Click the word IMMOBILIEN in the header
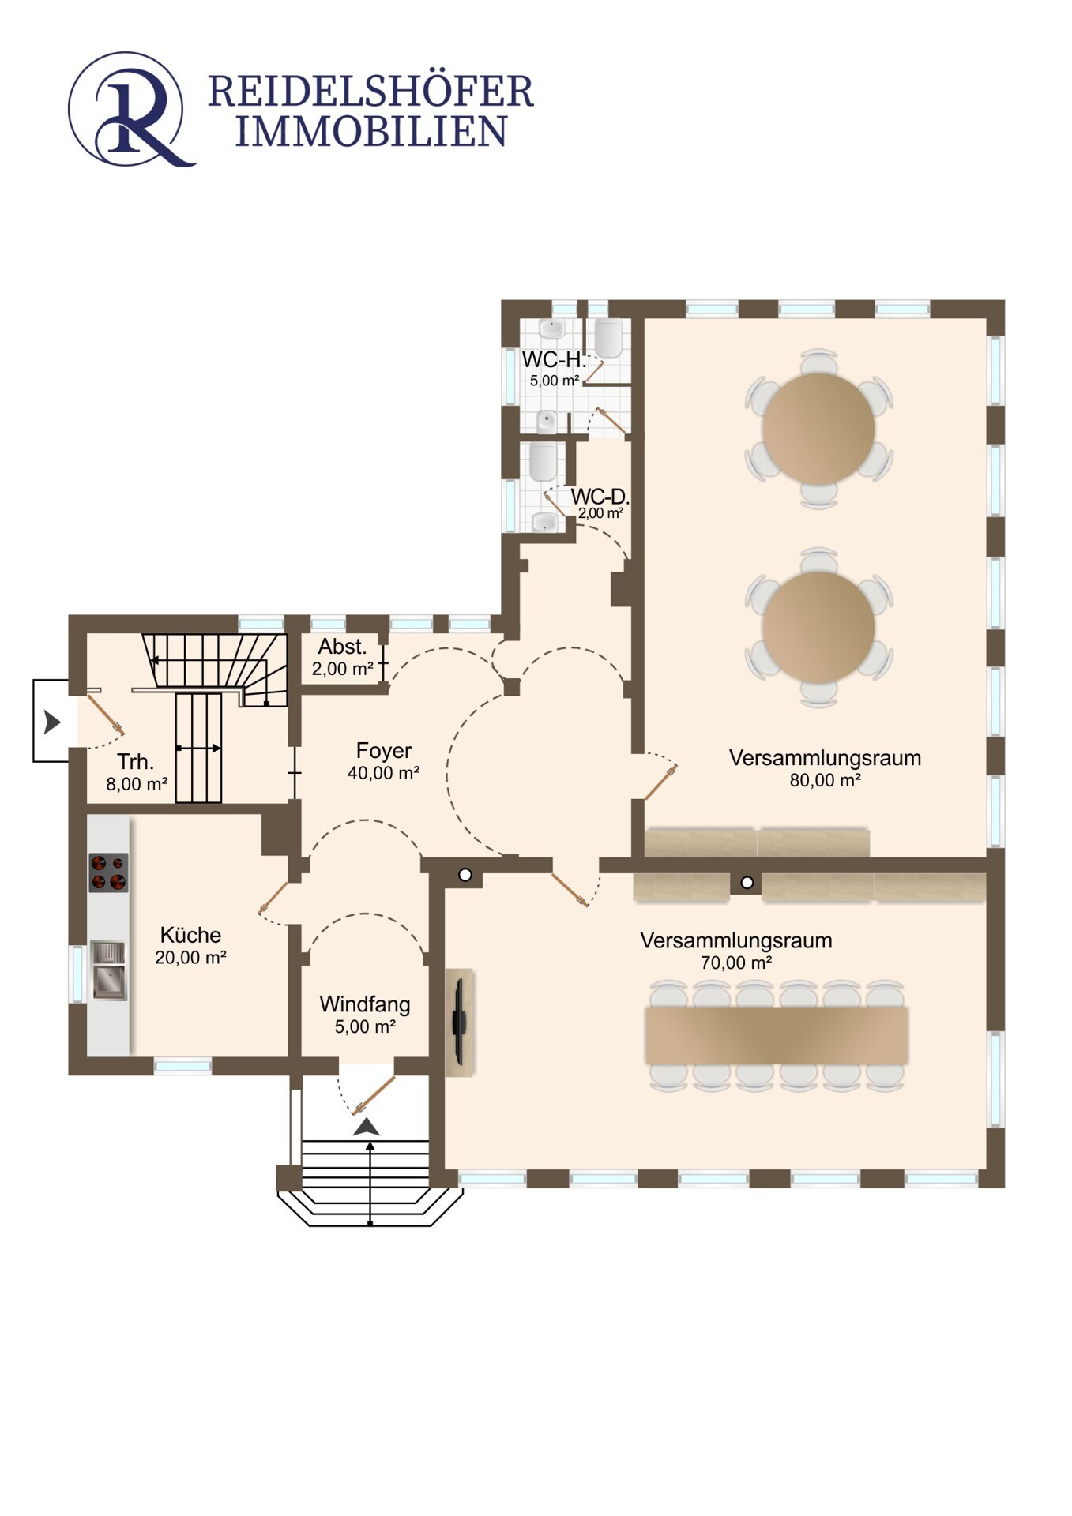370,132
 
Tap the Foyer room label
383,750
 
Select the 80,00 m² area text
825,780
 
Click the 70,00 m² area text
735,963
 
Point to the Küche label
190,935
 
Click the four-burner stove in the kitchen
108,872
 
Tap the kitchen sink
108,970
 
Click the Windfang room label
364,1004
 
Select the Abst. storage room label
342,647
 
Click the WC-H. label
554,360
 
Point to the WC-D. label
600,497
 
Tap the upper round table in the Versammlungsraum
818,428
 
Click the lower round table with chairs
818,627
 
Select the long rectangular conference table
777,1035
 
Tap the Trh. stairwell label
135,762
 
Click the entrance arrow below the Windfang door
367,1127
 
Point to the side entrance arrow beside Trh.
52,721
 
